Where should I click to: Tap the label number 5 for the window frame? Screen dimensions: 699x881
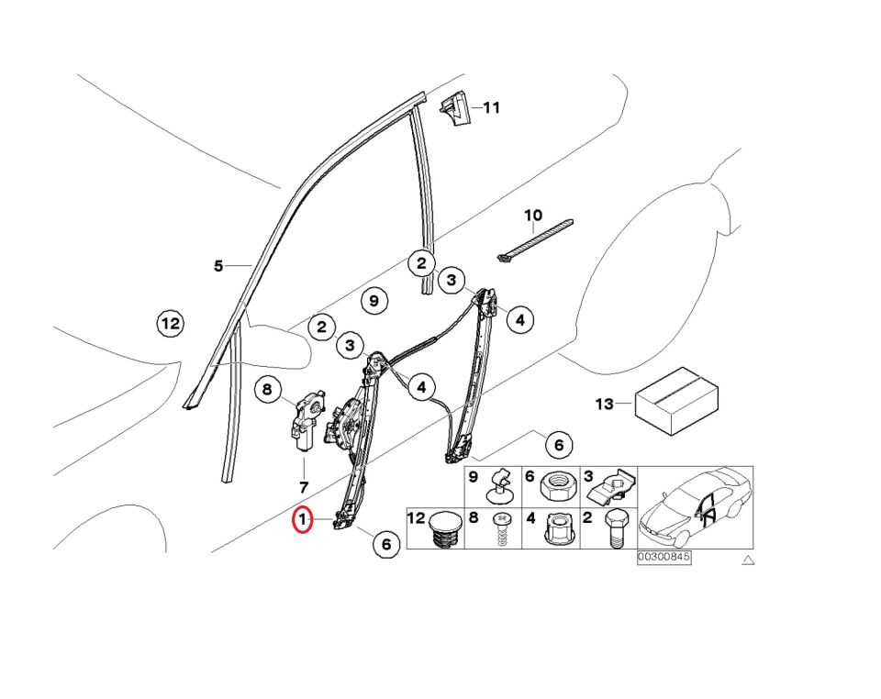point(218,267)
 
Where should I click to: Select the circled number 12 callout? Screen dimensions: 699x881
point(170,324)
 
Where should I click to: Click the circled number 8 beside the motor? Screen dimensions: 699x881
point(267,391)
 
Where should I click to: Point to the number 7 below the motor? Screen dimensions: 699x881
point(304,487)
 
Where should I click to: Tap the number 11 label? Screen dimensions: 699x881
point(492,107)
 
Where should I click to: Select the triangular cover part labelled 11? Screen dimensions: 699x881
point(456,107)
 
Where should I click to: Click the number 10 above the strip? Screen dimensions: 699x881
point(533,216)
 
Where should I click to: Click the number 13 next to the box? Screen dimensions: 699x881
point(604,404)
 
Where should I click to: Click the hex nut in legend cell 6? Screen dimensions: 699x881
point(558,484)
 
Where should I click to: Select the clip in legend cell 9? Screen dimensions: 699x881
point(500,487)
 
